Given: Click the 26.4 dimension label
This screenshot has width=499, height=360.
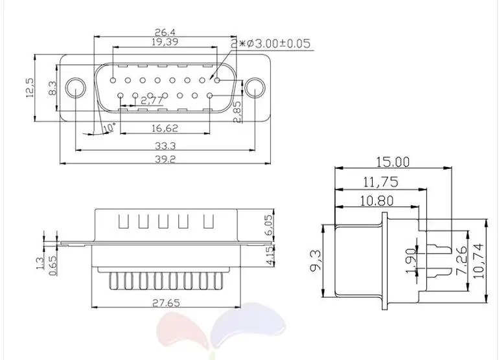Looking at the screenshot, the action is pyautogui.click(x=165, y=32).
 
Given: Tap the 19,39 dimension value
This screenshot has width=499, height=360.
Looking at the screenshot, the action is pyautogui.click(x=165, y=41).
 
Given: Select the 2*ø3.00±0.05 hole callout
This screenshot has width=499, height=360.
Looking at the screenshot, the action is pyautogui.click(x=270, y=43).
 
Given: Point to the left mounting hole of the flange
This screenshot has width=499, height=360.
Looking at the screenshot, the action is pyautogui.click(x=76, y=88).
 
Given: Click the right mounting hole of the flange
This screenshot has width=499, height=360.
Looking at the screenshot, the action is pyautogui.click(x=255, y=88).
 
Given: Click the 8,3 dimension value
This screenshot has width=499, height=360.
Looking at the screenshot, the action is pyautogui.click(x=52, y=88).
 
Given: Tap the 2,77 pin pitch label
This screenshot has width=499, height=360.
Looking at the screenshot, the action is pyautogui.click(x=152, y=100).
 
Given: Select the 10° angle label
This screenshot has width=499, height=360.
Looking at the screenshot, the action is pyautogui.click(x=109, y=127).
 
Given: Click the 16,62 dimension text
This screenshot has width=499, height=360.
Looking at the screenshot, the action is pyautogui.click(x=165, y=128).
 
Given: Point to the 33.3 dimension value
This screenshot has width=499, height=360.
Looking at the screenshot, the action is pyautogui.click(x=165, y=146).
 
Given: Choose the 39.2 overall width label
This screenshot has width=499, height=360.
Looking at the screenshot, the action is pyautogui.click(x=165, y=159).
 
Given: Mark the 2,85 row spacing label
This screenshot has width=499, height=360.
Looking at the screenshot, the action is pyautogui.click(x=238, y=112).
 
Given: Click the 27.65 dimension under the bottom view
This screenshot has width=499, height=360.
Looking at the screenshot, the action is pyautogui.click(x=166, y=303).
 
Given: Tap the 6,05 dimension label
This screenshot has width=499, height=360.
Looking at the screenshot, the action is pyautogui.click(x=269, y=225).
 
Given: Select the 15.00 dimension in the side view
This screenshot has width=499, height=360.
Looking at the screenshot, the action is pyautogui.click(x=393, y=162).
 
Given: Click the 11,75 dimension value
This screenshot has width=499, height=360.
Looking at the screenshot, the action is pyautogui.click(x=380, y=182).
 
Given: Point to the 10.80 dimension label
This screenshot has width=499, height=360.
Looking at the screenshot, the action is pyautogui.click(x=377, y=201).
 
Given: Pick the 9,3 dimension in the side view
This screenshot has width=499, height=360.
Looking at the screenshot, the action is pyautogui.click(x=315, y=260).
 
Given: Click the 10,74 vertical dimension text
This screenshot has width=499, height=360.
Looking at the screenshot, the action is pyautogui.click(x=478, y=261).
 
